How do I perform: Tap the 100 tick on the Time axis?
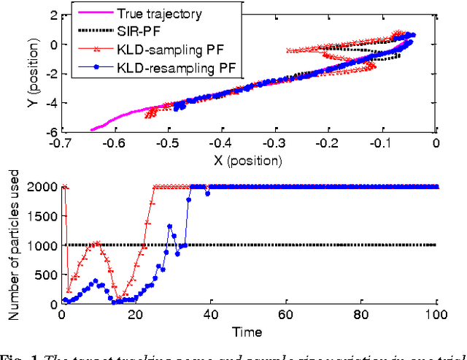pos(436,316)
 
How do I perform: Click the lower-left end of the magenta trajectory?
pos(92,129)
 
